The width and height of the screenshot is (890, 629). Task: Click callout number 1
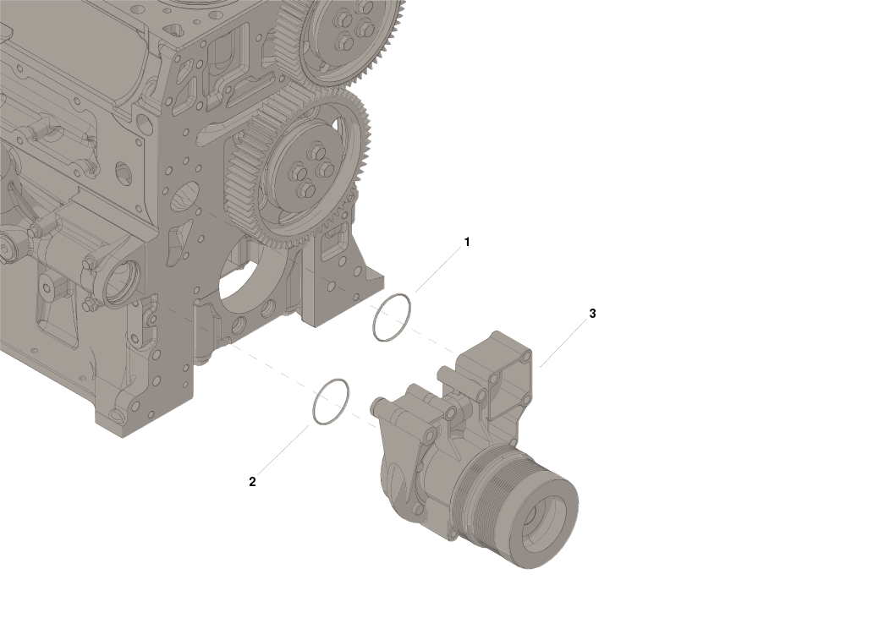(x=466, y=242)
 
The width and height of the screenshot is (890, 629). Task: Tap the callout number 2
(x=252, y=482)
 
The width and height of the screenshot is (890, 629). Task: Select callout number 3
(x=592, y=314)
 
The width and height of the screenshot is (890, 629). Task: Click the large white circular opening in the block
(x=250, y=278)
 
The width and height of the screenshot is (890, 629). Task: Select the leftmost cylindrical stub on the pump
(x=377, y=405)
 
